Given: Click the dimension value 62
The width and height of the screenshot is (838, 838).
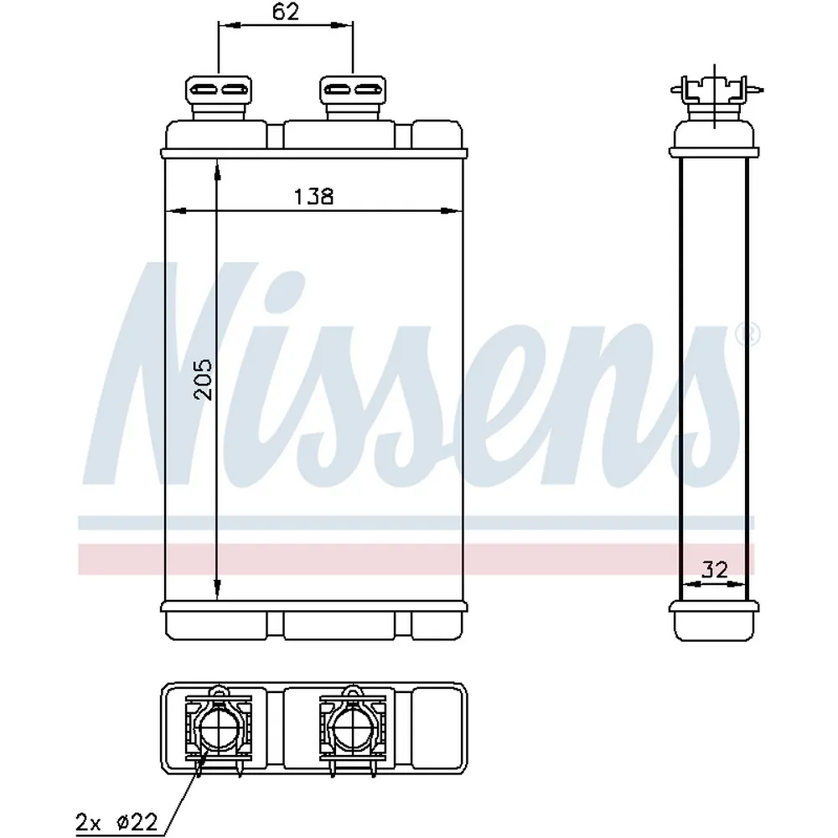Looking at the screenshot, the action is pos(286,11).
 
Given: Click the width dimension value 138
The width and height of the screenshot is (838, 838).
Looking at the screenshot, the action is pos(313,197).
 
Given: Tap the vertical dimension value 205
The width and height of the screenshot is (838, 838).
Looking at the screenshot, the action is pos(204,380).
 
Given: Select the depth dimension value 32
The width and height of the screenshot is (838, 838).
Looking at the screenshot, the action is pos(714,570).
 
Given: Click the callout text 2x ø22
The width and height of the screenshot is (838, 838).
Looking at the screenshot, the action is pos(116,820).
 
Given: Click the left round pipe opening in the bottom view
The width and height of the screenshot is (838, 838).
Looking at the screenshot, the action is pos(219,728).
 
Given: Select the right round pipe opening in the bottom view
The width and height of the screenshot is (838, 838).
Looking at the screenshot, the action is pos(354,728).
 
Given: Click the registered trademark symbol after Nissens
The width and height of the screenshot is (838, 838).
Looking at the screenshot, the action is pos(747,334).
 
